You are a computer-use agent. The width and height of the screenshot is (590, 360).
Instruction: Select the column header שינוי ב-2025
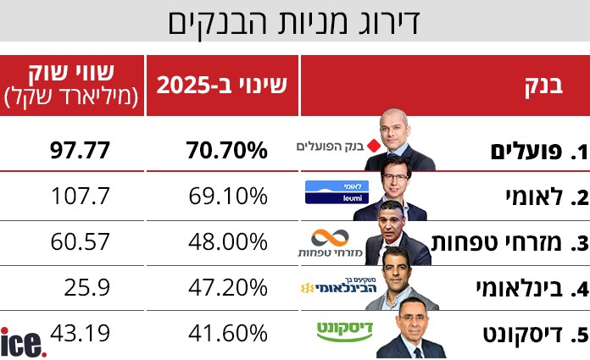(x=222, y=86)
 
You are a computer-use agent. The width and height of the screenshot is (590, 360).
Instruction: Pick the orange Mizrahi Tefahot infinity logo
(x=331, y=236)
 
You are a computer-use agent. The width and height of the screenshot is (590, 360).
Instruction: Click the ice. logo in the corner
(x=23, y=342)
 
